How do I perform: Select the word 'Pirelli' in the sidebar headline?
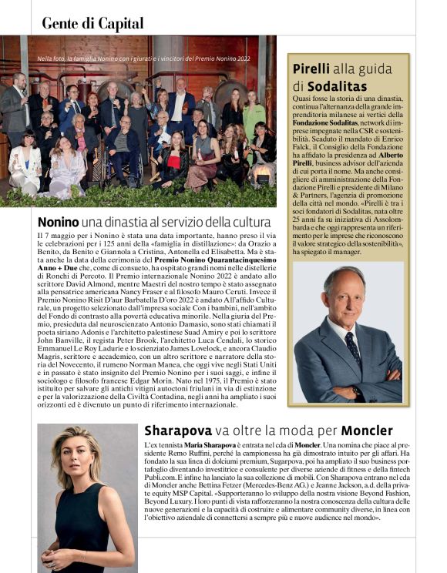(x=313, y=69)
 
